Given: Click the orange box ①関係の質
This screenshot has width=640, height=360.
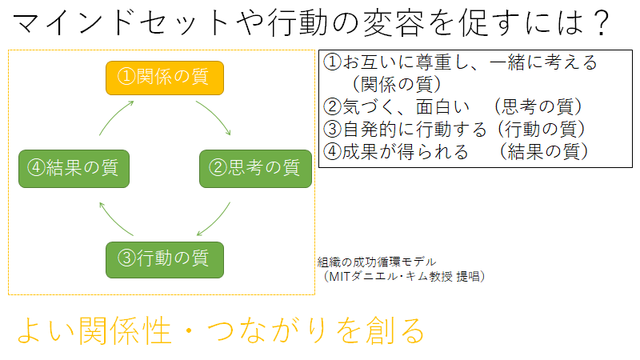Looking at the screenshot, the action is point(165,78).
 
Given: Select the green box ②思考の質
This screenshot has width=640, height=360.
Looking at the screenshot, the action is point(255,169).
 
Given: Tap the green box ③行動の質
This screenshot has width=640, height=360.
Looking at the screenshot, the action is point(165,260).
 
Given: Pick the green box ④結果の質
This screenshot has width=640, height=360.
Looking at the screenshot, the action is point(74,169).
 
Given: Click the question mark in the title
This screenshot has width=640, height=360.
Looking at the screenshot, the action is point(601,23).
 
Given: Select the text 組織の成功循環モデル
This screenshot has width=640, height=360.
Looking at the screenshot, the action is point(376,262).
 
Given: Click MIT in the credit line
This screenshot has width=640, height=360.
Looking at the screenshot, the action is point(339,277).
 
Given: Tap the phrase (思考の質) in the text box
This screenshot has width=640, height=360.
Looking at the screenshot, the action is point(538,107).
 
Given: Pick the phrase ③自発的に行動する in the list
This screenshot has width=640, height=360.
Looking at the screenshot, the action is point(405,130).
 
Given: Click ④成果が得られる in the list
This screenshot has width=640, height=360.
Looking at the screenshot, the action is point(395,152).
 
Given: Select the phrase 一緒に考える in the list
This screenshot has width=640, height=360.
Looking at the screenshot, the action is point(543,62).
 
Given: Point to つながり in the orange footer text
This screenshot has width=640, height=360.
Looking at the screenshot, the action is point(266,330).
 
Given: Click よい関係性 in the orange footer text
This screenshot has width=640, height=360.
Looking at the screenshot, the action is point(94,330).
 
